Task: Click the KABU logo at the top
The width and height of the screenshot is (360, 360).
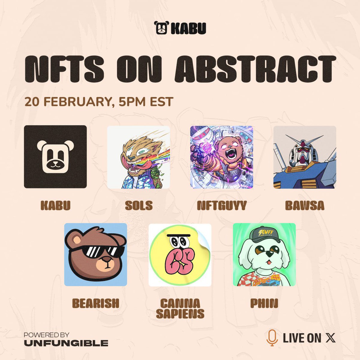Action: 180,28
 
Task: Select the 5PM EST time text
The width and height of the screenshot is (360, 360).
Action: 146,102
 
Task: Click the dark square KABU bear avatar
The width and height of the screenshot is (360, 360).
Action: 55,157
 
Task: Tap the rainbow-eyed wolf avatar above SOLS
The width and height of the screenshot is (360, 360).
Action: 138,157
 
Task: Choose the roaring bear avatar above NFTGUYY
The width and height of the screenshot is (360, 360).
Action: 221,157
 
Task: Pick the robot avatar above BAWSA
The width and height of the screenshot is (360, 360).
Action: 304,157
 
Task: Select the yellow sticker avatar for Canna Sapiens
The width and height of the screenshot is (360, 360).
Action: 180,254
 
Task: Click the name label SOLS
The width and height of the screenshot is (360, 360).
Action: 139,206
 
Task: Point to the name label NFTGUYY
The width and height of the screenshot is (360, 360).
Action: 222,206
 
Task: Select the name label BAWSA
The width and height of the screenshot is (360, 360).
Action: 304,206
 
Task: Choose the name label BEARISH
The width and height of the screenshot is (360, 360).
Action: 96,303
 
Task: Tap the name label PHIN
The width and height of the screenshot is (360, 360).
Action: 264,303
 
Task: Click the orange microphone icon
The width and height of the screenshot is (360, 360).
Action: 272,338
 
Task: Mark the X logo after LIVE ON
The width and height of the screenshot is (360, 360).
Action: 330,338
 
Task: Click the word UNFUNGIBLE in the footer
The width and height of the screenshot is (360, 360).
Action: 66,343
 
